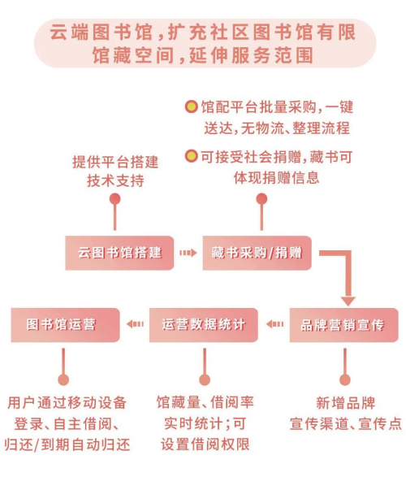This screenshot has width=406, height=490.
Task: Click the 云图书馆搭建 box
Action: (x=119, y=253)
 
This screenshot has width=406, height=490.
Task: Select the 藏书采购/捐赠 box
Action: (x=257, y=253)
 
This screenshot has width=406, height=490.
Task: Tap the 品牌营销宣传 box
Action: (x=343, y=325)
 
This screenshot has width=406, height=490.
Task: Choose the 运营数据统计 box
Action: (x=203, y=325)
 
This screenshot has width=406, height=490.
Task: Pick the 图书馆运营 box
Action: (x=65, y=325)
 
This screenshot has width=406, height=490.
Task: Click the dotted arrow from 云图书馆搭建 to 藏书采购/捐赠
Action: (x=188, y=253)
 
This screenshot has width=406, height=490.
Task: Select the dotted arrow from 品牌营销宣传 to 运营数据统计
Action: (x=274, y=324)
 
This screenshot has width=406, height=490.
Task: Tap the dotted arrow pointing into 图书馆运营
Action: (x=136, y=324)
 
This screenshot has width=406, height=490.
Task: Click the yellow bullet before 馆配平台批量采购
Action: (x=191, y=106)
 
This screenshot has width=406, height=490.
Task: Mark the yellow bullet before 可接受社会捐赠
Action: (x=191, y=156)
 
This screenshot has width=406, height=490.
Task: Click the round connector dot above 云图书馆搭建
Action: (x=115, y=199)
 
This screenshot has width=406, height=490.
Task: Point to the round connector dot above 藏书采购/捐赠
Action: (x=261, y=199)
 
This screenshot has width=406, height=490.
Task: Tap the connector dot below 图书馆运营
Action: (x=63, y=379)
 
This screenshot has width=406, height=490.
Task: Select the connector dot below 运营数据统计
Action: (x=205, y=379)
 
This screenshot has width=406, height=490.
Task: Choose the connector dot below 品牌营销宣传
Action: (x=345, y=379)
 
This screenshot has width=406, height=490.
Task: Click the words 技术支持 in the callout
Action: (x=115, y=180)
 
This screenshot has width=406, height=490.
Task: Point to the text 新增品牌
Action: (x=345, y=403)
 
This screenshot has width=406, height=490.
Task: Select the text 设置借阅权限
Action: (x=205, y=444)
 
